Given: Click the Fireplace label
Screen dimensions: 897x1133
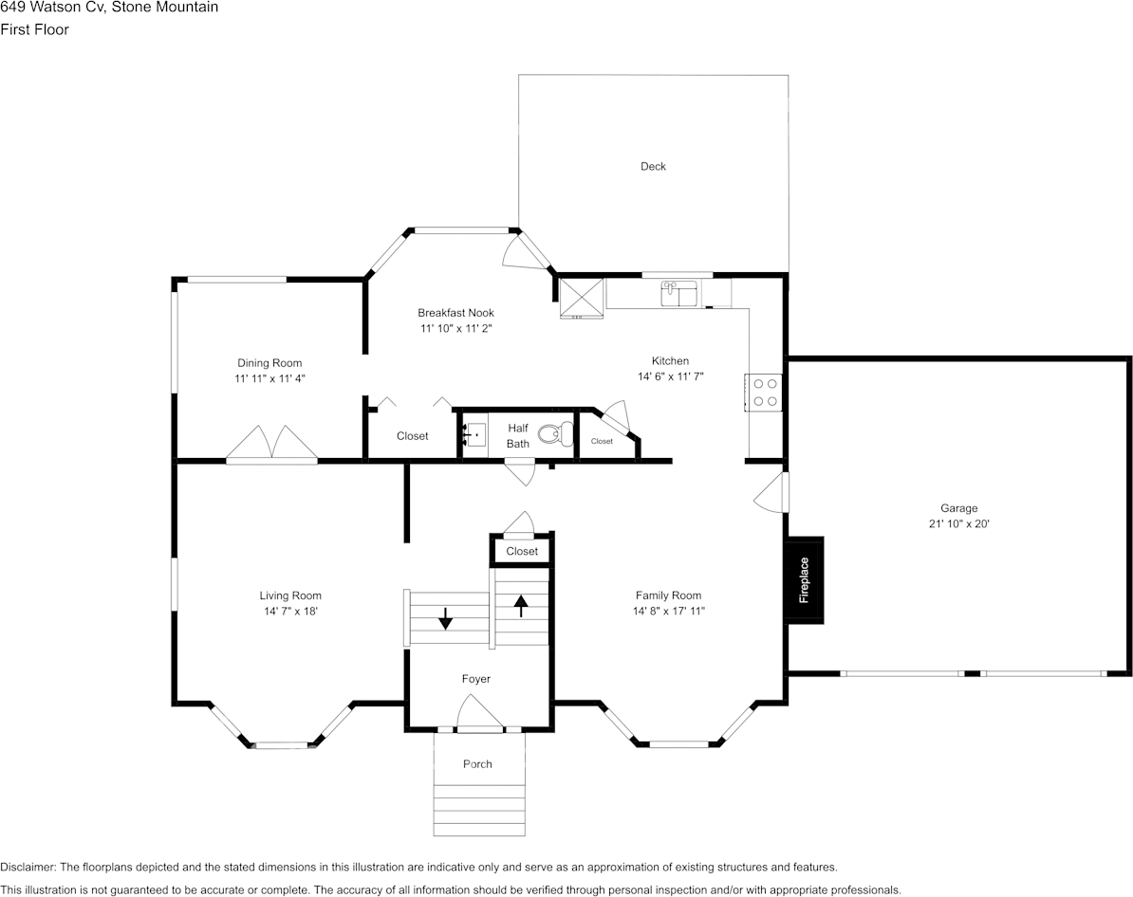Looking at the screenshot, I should pos(804,580).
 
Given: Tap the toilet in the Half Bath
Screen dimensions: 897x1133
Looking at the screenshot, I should pos(553,435).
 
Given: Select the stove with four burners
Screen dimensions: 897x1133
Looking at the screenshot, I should pos(765,393).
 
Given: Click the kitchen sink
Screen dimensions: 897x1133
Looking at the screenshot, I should pos(679,293).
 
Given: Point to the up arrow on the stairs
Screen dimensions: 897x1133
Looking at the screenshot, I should pos(521,605).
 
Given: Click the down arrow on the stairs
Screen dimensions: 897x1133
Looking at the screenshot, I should pos(445,619).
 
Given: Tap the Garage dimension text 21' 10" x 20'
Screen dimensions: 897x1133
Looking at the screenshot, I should pos(958,523).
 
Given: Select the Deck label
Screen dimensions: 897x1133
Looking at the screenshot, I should pos(653,167).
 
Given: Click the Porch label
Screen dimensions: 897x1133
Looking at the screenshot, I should pos(477,764).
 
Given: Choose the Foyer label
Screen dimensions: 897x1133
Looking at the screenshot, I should pos(475,679).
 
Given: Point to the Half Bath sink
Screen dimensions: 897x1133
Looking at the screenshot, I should pos(474,435).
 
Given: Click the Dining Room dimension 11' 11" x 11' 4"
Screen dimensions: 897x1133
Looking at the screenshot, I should pos(269,378).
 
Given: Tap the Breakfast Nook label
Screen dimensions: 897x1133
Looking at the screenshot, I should pos(455,313).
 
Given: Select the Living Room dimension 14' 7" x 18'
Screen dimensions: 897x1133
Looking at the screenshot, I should pos(290,612).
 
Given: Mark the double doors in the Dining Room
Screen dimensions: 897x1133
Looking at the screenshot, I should pos(272,445).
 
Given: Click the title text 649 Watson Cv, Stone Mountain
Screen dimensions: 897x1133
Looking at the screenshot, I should pos(109,8).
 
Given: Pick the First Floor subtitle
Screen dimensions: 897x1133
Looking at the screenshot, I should pos(34,29).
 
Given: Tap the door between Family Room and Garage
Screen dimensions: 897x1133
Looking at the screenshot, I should pos(772,493).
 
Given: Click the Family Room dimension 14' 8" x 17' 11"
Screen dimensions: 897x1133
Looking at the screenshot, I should pos(669,612).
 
